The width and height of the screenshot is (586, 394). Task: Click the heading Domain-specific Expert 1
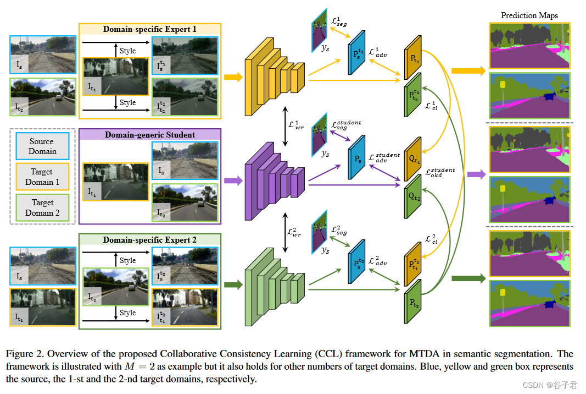coord(149,29)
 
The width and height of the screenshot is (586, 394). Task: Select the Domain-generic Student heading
coord(149,135)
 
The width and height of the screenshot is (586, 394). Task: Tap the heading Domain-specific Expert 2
coord(149,240)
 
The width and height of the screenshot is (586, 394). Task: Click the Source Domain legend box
coord(42,146)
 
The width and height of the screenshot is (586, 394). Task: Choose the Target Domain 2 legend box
coord(42,207)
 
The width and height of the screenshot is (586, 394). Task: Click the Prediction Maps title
coord(529,15)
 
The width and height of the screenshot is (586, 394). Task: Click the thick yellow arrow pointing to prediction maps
coord(468,71)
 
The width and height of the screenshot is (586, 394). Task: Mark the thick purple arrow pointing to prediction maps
coord(476,175)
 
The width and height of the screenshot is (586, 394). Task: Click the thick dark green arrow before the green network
coord(233,284)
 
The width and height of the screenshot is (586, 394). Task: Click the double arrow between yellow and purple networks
coord(284,127)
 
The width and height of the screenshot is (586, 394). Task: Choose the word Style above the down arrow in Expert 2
coord(127,313)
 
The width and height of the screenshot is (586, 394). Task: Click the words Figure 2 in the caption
coord(23,353)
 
